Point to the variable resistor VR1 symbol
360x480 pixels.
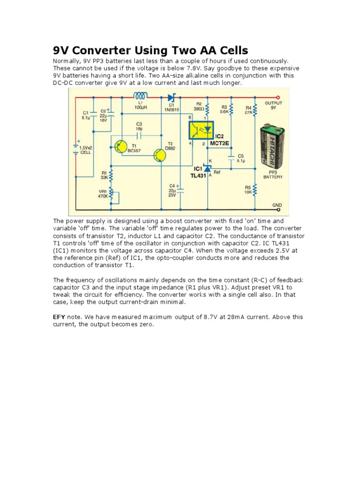pyautogui.click(x=111, y=195)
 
